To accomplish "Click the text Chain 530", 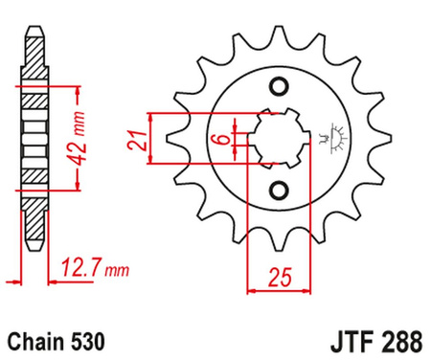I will click(x=57, y=340).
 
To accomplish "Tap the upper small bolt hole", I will click(x=280, y=89).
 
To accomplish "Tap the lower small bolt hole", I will click(x=280, y=188).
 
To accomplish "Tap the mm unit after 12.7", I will click(x=117, y=272).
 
